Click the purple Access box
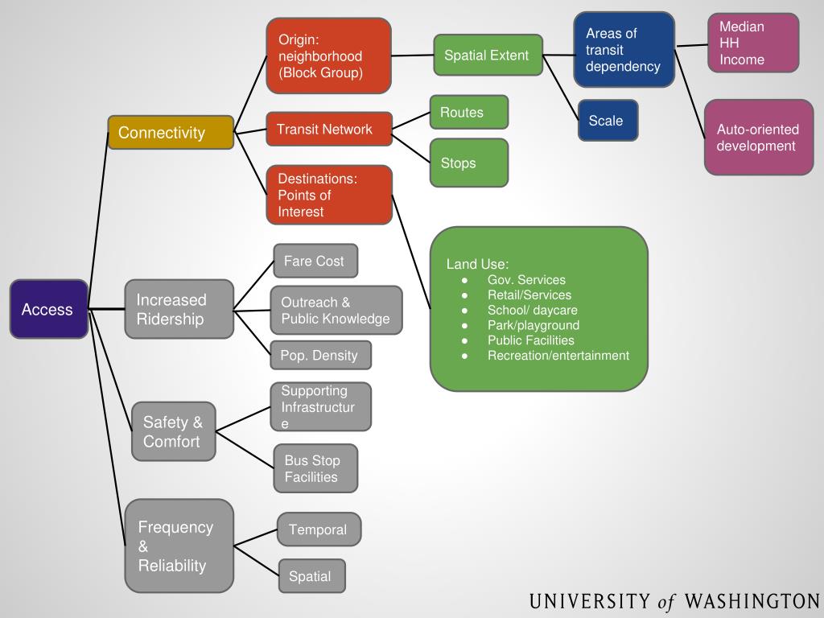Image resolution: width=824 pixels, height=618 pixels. tap(48, 309)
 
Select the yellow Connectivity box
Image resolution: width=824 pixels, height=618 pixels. tap(171, 133)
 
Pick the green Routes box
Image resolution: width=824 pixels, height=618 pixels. tap(468, 113)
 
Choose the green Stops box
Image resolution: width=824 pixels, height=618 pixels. tap(468, 163)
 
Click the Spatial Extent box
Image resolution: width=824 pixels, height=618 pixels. tap(488, 56)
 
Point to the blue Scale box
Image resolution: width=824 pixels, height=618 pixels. tap(608, 121)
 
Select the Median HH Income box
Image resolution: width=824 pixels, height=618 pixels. tap(753, 43)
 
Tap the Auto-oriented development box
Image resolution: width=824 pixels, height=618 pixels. tap(758, 138)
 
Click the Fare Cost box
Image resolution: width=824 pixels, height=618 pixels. tap(315, 262)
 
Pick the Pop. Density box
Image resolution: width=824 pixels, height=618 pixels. tap(320, 356)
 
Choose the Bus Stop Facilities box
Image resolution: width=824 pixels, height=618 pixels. tap(315, 468)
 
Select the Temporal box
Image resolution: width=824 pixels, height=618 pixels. tap(319, 529)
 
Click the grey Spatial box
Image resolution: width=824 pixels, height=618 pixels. tap(311, 576)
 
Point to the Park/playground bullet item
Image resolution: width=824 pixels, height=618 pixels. tap(533, 325)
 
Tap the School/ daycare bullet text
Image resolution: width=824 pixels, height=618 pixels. tap(532, 310)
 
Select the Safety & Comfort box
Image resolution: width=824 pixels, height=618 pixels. tap(174, 431)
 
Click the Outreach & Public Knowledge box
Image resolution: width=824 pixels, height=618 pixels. tap(336, 311)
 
